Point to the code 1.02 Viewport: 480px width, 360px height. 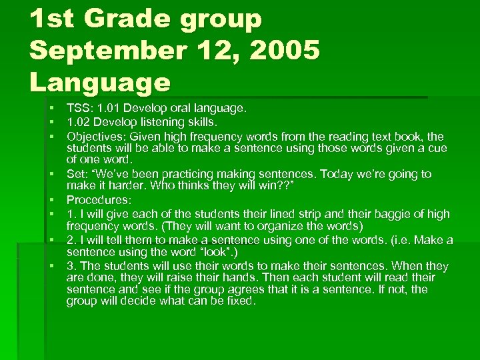(x=77, y=122)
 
